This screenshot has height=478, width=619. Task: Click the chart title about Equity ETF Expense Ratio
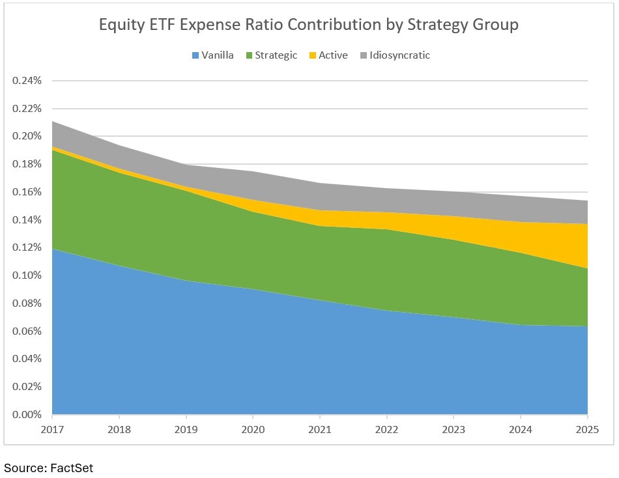[309, 25]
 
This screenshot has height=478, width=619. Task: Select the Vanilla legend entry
[212, 55]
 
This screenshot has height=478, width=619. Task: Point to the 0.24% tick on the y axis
[27, 81]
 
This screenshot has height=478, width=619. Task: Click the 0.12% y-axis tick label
[27, 247]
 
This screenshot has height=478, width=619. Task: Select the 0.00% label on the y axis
[27, 414]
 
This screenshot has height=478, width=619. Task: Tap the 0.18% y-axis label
[27, 164]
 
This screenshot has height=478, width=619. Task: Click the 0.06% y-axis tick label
[27, 331]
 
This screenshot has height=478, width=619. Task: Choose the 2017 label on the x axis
[52, 429]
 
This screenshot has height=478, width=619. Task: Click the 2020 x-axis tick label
[253, 429]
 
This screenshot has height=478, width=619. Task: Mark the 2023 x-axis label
[453, 429]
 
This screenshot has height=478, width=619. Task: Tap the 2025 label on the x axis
[587, 429]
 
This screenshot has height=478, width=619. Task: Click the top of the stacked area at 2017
[53, 122]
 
